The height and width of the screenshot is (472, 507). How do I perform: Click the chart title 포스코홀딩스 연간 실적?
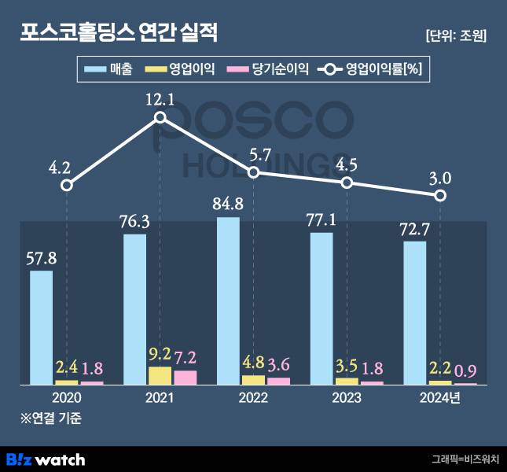119,33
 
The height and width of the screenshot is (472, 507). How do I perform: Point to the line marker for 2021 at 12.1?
160,118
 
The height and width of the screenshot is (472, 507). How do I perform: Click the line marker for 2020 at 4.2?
67,185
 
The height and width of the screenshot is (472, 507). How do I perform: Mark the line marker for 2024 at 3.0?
442,195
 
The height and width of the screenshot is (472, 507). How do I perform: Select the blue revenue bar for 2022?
229,300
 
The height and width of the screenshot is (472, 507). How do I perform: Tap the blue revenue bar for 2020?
42,326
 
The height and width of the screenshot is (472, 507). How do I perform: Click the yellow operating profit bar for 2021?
160,374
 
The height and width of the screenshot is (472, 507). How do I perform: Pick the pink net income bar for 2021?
186,377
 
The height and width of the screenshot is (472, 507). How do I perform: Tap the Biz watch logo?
46,458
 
